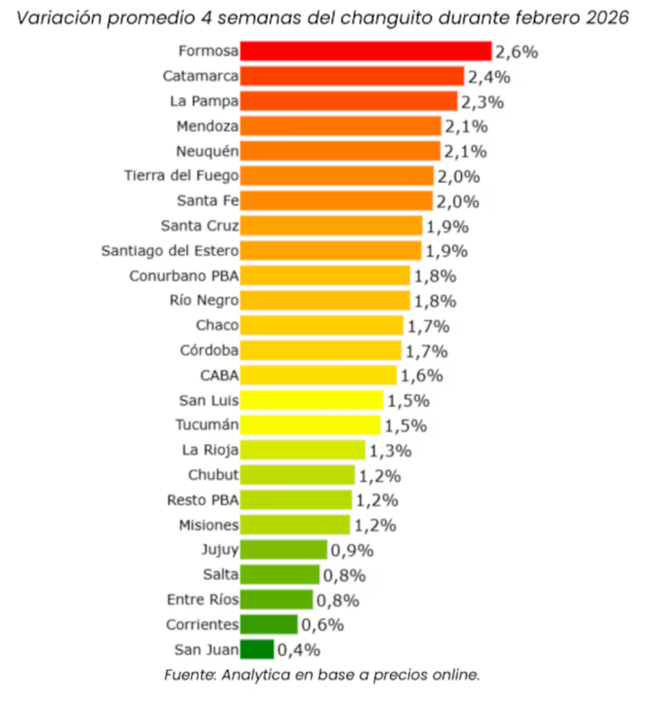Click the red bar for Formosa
(366, 51)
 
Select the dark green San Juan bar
(257, 649)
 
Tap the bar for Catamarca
(352, 76)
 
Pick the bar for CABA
(319, 375)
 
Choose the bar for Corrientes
(269, 625)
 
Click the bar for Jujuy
(284, 550)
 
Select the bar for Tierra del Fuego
(337, 176)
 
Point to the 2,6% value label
(517, 52)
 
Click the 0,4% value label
(299, 651)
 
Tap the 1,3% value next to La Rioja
(391, 451)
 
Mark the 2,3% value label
(483, 102)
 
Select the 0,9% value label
(352, 550)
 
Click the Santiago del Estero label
(170, 251)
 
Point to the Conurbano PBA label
(184, 276)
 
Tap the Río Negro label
(204, 300)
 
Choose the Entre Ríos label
(203, 599)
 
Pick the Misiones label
(209, 525)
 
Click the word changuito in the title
(387, 18)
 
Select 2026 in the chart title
(607, 18)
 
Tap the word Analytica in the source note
(256, 675)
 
